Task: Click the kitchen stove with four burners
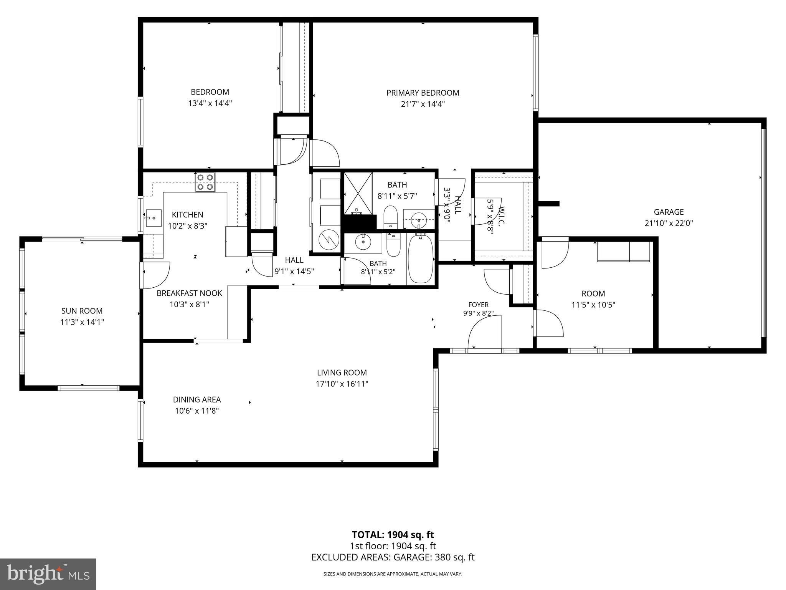coord(205,182)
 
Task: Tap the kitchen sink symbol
coord(153,218)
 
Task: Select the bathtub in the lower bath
coord(420,259)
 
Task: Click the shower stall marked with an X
coord(358,193)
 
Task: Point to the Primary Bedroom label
coord(423,93)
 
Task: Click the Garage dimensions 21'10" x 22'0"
coord(669,223)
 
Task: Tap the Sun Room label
coord(82,311)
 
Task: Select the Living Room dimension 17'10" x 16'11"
coord(342,383)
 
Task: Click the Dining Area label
coord(197,399)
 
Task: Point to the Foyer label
coord(478,305)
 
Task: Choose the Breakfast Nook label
coord(189,293)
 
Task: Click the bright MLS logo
coord(48,575)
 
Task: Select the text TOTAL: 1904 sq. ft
coord(393,534)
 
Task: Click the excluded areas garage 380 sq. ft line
coord(393,557)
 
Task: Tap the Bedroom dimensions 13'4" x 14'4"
coord(210,103)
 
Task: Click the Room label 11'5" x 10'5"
coord(593,299)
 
